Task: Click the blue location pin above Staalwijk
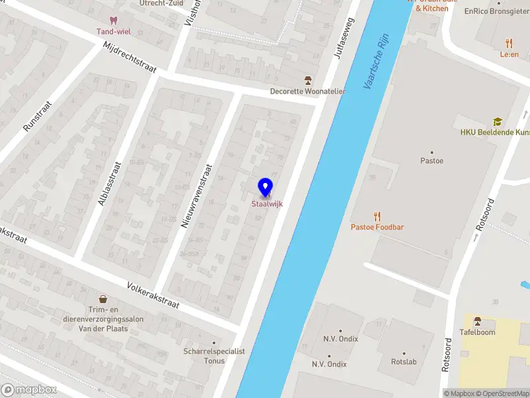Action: [x=266, y=187]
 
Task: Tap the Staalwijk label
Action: [x=267, y=204]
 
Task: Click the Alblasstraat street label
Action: [x=110, y=183]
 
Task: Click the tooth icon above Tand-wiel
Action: [x=113, y=21]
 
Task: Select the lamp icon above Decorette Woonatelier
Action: [x=307, y=80]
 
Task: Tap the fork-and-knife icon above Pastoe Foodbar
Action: [x=377, y=216]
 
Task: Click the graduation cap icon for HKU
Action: [x=497, y=121]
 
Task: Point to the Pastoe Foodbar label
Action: [x=377, y=228]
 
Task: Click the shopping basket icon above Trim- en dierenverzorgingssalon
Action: [x=103, y=300]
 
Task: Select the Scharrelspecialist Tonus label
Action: [x=214, y=356]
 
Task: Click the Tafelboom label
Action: [x=478, y=332]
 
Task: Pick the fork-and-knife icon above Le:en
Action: [x=509, y=42]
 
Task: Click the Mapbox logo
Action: [x=29, y=390]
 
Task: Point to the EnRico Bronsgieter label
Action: [x=496, y=11]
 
